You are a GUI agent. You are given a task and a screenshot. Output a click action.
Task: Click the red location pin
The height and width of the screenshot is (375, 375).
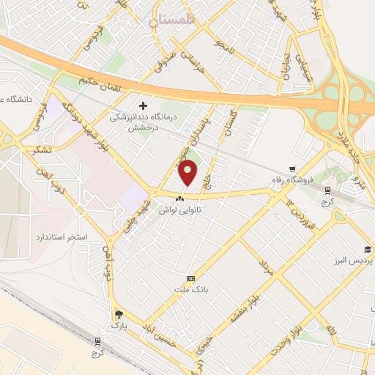(x=189, y=173)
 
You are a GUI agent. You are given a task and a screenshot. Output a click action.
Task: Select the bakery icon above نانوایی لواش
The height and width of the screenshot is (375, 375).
(x=180, y=198)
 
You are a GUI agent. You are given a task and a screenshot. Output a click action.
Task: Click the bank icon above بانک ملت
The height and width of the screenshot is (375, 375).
(x=191, y=278)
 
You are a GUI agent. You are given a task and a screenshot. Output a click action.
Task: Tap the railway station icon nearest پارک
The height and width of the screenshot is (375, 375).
(x=97, y=341)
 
